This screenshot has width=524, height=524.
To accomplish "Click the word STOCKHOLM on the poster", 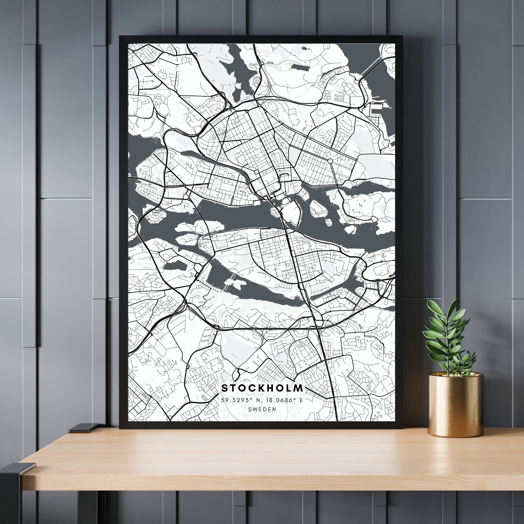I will [262, 388].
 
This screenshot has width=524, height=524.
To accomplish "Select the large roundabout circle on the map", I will [330, 161].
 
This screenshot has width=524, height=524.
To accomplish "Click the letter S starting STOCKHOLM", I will [225, 388].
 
